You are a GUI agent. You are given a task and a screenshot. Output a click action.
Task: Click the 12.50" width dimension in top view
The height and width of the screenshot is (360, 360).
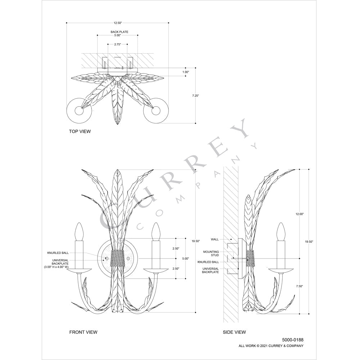(x=118, y=23)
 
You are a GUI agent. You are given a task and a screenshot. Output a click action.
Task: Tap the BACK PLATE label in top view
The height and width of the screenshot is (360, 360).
(x=120, y=32)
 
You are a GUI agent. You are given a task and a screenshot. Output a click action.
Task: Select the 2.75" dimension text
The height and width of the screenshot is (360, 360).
(x=117, y=44)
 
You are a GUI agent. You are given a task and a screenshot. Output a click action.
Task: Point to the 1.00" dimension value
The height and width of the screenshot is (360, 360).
(x=185, y=72)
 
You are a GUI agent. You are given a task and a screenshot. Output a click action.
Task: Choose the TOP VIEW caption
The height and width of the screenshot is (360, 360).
(x=80, y=131)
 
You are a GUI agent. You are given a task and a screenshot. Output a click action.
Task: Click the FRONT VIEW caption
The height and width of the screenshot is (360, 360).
(x=84, y=332)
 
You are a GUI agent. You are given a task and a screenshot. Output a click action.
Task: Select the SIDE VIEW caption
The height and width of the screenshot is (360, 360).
(x=234, y=332)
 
